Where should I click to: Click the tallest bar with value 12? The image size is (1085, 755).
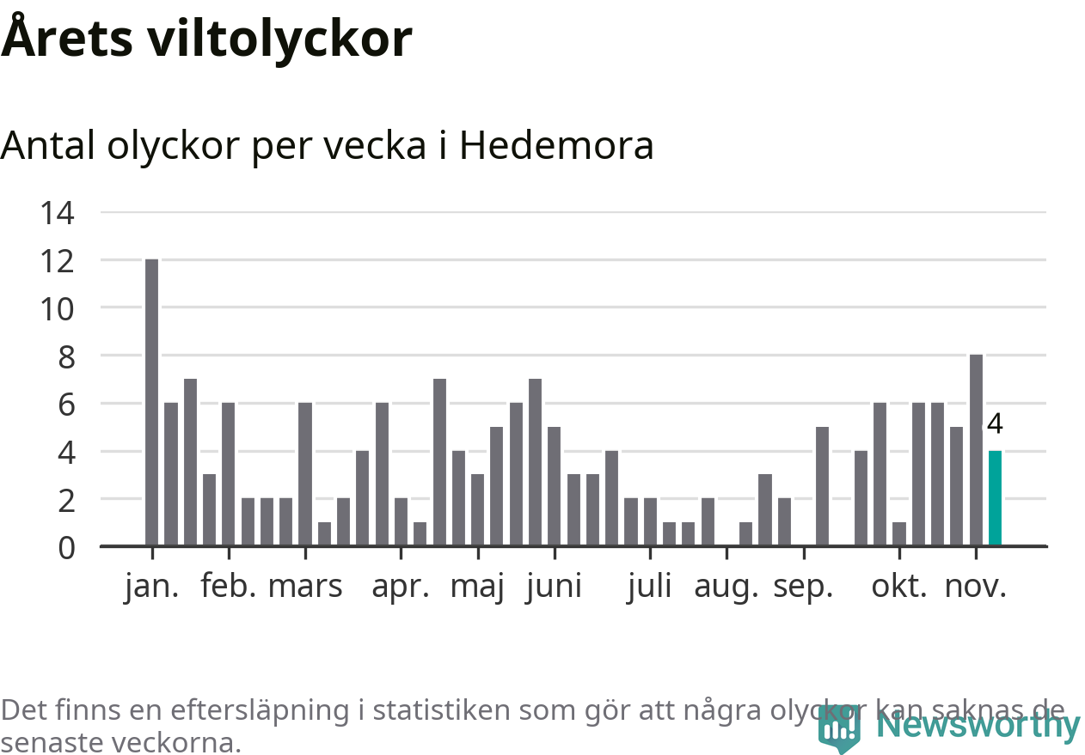[151, 402]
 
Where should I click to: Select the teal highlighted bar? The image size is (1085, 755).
[995, 498]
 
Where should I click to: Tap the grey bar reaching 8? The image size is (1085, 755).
[976, 450]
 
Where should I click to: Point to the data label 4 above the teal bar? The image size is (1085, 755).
[996, 424]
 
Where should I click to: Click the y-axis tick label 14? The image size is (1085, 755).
[57, 212]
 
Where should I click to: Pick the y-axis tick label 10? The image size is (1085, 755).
[57, 307]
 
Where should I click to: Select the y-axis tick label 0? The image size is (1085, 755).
[66, 547]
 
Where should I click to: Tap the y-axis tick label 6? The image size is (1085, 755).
[66, 404]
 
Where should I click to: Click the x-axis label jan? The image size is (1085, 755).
[152, 588]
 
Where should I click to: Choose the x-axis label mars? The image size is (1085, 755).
[305, 588]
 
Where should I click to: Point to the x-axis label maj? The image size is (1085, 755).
[477, 588]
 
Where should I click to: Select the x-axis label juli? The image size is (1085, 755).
[649, 588]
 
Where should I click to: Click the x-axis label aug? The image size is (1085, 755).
[726, 588]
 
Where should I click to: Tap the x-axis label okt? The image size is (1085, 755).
[899, 588]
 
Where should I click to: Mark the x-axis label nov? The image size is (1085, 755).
[975, 588]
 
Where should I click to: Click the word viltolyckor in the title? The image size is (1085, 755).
[279, 39]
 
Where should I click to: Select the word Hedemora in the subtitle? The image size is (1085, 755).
[556, 146]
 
